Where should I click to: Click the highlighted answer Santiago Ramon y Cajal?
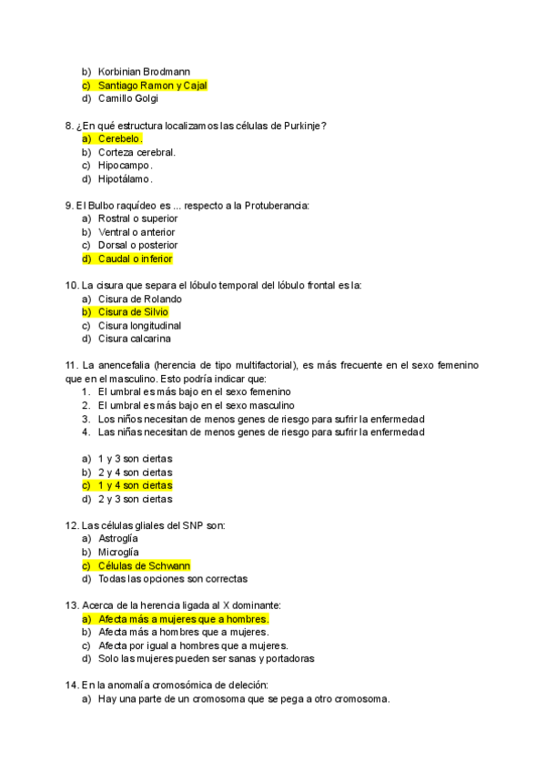point(152,85)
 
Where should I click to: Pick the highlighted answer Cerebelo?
point(119,138)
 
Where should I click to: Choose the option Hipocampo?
point(125,165)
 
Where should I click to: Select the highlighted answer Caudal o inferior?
point(135,259)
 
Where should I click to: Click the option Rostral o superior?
point(137,218)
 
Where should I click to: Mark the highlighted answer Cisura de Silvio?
point(133,312)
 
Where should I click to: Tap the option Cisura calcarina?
point(134,339)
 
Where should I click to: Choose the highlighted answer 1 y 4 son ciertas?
point(135,485)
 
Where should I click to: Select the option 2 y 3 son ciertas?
point(135,499)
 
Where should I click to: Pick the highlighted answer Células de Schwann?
point(144,565)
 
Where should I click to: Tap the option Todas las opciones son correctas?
point(172,578)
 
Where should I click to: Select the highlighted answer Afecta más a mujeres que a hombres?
point(183,619)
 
